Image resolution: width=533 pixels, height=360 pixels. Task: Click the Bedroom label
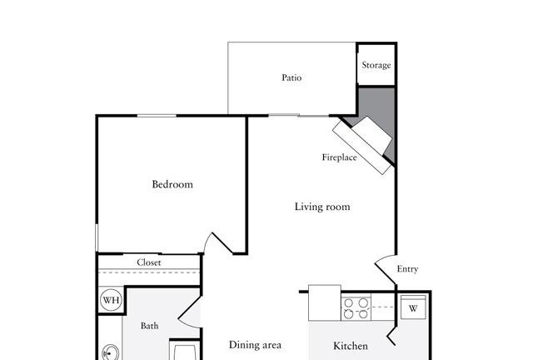[172, 184]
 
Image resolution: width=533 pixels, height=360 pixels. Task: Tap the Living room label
[322, 207]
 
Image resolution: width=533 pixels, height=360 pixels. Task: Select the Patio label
[291, 77]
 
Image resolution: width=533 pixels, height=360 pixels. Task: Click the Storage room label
[376, 65]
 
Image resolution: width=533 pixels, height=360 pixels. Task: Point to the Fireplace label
[339, 157]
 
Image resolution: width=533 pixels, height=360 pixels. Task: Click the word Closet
[149, 262]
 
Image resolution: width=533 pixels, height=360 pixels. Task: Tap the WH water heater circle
[111, 300]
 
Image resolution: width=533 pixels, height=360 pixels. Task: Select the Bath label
[150, 326]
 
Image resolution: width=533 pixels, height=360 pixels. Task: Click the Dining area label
[255, 345]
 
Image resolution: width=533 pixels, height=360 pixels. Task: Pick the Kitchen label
[351, 346]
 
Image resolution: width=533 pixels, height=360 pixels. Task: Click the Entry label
[407, 269]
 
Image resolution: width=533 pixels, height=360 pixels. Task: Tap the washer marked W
[413, 307]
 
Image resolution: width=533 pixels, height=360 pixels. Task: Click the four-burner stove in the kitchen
[356, 308]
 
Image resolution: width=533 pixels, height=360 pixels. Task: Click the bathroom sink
[111, 352]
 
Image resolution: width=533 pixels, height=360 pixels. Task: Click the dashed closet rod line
[149, 272]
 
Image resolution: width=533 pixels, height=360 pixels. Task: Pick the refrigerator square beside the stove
[325, 302]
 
